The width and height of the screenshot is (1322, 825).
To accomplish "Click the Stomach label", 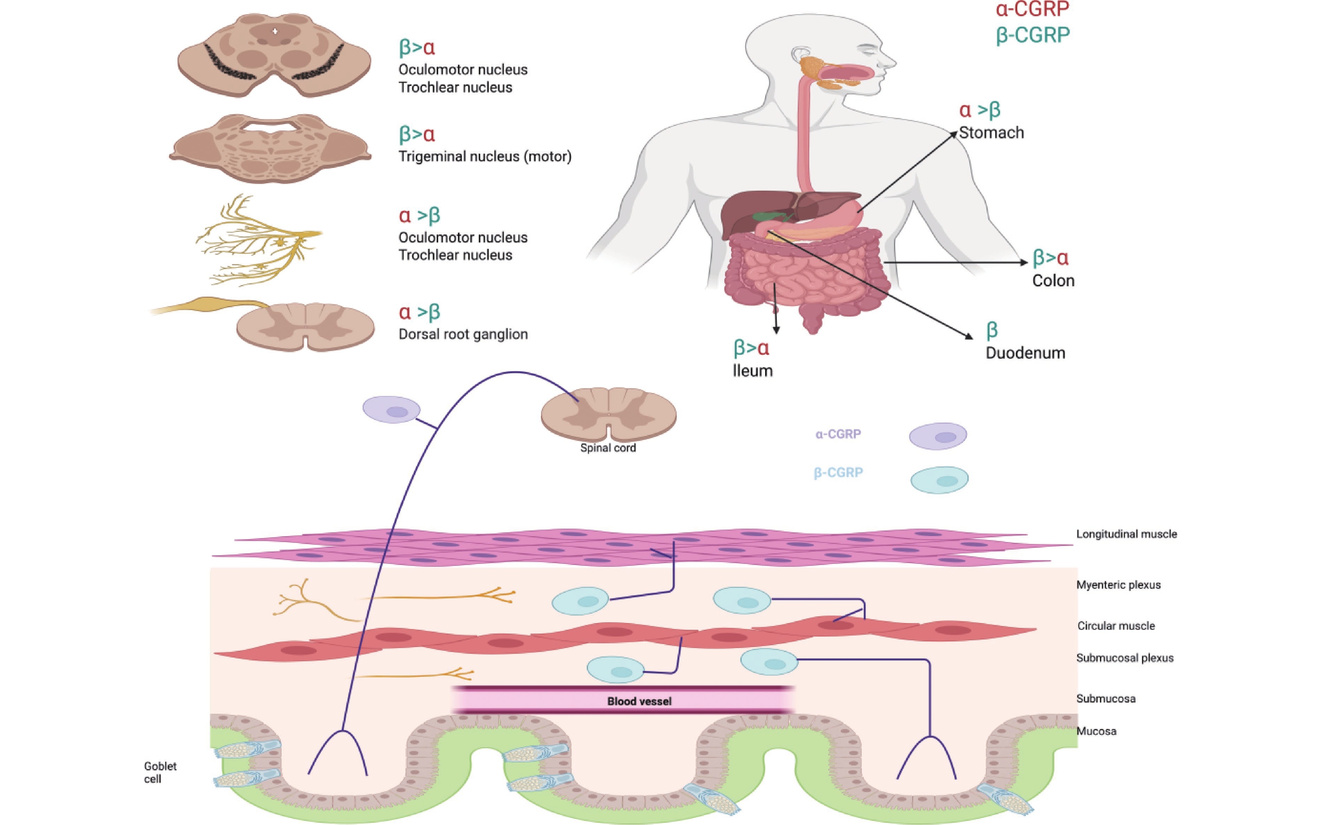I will click(991, 133).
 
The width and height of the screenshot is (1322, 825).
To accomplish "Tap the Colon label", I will click(1053, 280).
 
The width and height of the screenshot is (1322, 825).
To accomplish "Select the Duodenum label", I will click(1025, 353).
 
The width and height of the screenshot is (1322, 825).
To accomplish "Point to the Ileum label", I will click(752, 371).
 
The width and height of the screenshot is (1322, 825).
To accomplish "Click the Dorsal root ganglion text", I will click(462, 334).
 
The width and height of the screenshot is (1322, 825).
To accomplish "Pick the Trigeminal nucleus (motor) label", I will click(484, 157).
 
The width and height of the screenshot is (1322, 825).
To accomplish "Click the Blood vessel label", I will click(639, 701).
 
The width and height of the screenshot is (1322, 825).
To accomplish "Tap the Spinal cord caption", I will click(608, 448).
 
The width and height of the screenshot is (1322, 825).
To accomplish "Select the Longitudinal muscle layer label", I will click(1126, 534).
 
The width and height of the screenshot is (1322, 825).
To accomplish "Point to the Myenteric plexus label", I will click(1118, 585).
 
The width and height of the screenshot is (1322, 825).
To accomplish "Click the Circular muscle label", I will click(1116, 626).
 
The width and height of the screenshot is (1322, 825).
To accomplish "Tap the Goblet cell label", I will click(160, 772).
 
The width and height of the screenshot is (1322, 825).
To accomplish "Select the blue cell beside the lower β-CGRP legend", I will click(939, 480).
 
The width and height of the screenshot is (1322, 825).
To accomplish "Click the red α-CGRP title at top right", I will click(1032, 9).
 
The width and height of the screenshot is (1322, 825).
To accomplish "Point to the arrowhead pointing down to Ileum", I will click(776, 330).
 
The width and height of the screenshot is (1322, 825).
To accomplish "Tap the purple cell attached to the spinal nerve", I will click(391, 410).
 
